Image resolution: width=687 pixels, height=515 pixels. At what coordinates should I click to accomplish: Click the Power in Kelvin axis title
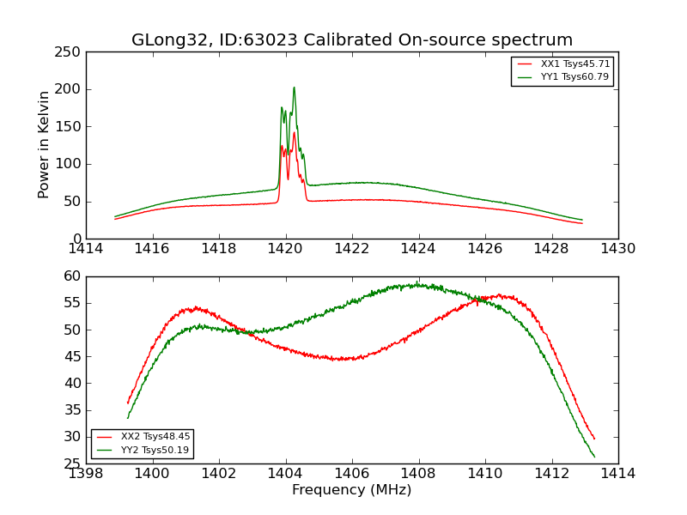pyautogui.click(x=45, y=145)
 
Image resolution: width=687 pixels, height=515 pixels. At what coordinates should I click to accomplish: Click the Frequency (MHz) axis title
pyautogui.click(x=351, y=490)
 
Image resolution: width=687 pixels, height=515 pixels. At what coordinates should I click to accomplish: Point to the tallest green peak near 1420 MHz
pyautogui.click(x=294, y=88)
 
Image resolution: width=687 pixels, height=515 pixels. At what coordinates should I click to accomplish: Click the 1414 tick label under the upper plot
pyautogui.click(x=87, y=248)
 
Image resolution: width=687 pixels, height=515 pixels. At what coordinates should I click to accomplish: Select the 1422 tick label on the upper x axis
pyautogui.click(x=352, y=248)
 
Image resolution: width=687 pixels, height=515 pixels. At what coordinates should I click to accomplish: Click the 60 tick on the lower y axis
pyautogui.click(x=73, y=276)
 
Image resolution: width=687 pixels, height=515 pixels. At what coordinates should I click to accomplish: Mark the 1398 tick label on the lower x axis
pyautogui.click(x=87, y=473)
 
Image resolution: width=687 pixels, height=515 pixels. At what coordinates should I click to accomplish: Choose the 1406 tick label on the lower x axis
pyautogui.click(x=352, y=473)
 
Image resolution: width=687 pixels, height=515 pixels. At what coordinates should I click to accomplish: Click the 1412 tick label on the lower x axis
pyautogui.click(x=551, y=473)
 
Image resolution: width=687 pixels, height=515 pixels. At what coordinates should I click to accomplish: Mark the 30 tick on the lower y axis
pyautogui.click(x=73, y=437)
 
